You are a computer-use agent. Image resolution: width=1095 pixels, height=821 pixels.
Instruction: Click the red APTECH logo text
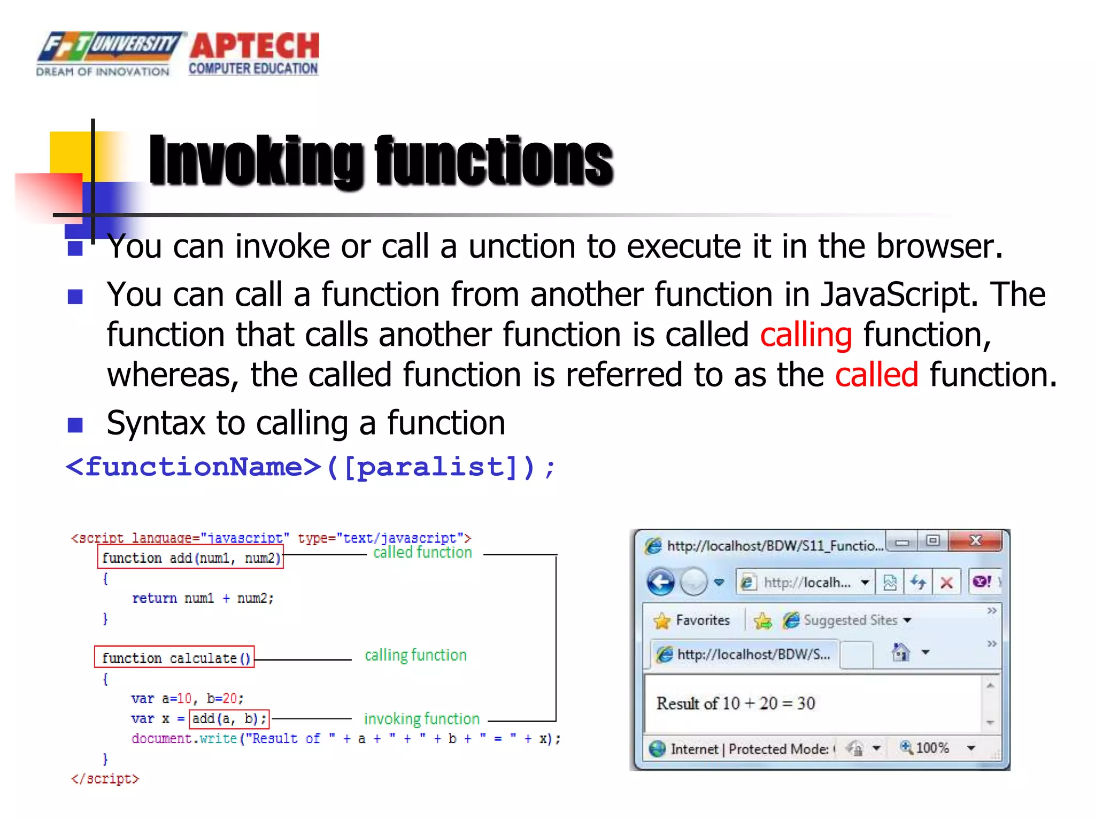tap(255, 46)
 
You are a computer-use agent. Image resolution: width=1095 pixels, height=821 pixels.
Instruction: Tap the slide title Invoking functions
tap(381, 160)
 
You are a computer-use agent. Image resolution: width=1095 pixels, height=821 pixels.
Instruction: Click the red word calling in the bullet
tap(806, 335)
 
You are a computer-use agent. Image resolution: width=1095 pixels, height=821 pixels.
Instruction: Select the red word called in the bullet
tap(876, 375)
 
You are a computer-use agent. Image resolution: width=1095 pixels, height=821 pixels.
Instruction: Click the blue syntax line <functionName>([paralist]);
tap(310, 467)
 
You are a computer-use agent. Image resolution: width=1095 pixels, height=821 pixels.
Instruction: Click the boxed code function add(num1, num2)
tap(191, 558)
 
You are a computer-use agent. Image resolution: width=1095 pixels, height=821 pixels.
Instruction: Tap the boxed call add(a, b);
tap(229, 719)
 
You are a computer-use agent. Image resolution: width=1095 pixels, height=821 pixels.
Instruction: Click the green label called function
tap(422, 553)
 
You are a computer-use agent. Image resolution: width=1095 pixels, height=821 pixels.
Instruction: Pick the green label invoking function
tap(421, 719)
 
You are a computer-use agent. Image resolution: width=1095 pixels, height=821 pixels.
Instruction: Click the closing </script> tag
tap(105, 779)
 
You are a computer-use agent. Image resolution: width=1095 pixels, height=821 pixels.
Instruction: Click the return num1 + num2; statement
tap(203, 599)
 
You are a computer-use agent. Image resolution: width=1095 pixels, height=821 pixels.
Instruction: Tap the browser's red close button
tap(975, 541)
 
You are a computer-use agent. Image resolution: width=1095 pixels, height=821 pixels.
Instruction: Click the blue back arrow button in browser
tap(661, 582)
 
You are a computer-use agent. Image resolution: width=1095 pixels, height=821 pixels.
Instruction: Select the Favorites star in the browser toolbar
tap(662, 621)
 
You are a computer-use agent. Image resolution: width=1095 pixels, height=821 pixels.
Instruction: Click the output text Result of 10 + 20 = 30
tap(736, 703)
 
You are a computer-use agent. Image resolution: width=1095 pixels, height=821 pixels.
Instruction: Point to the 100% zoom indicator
tap(932, 748)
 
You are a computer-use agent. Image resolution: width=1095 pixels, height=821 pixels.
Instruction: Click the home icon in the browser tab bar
tap(901, 652)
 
